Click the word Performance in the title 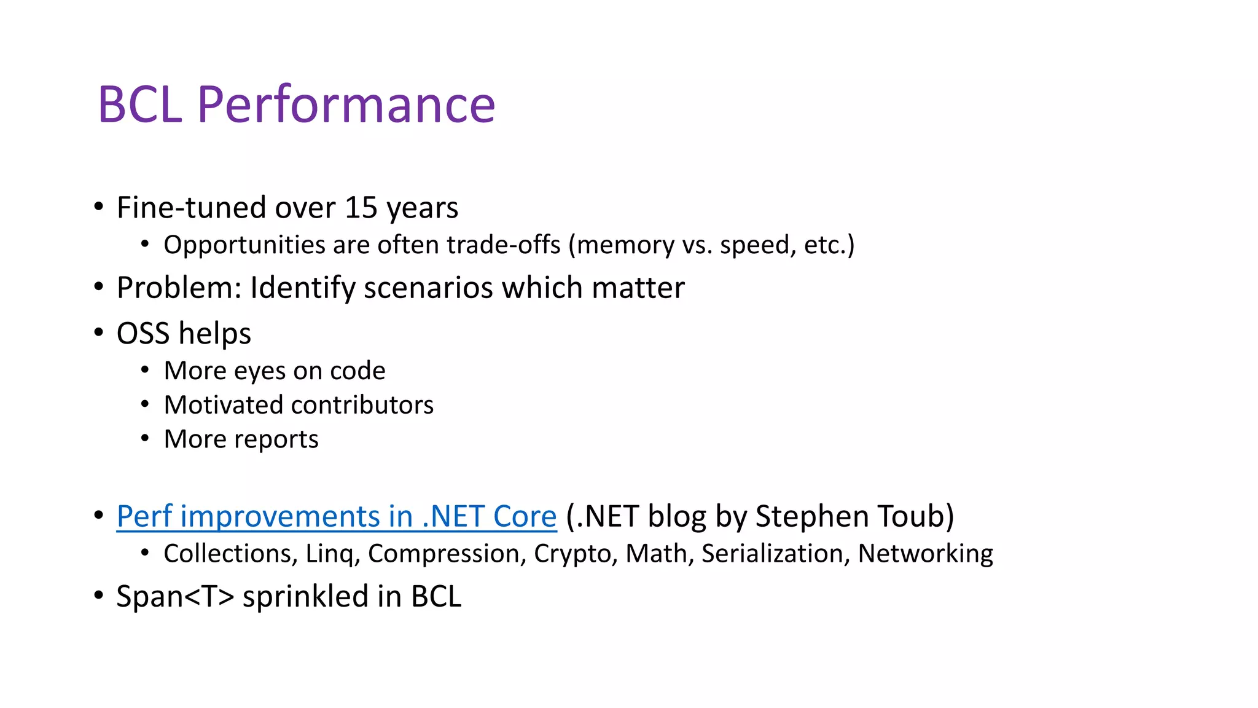(x=346, y=104)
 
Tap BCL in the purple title (x=140, y=104)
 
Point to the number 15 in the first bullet (x=361, y=208)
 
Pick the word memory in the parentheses (x=625, y=245)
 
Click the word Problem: (x=179, y=288)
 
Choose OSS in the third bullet (x=143, y=334)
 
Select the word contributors (x=362, y=405)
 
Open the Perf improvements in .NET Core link (x=337, y=516)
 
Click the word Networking (x=925, y=554)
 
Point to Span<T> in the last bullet (x=175, y=597)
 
